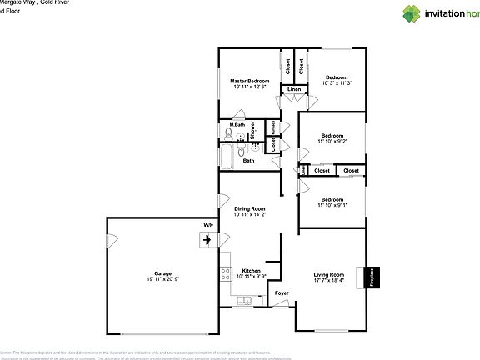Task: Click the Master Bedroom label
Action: (x=250, y=81)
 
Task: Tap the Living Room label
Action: (x=328, y=274)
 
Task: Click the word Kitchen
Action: (x=252, y=271)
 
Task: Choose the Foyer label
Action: (x=282, y=292)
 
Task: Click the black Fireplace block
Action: (x=372, y=277)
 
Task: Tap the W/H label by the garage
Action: (x=208, y=225)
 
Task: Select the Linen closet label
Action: (x=293, y=89)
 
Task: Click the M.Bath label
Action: (x=237, y=125)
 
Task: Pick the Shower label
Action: (x=252, y=129)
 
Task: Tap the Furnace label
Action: (x=272, y=127)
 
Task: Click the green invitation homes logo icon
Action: (x=412, y=12)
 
